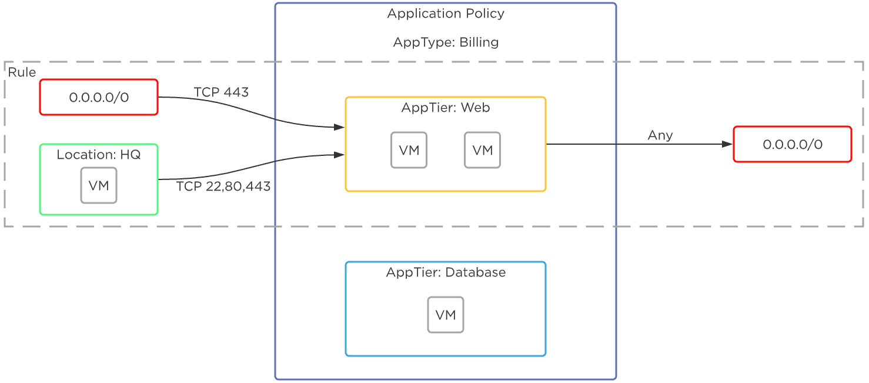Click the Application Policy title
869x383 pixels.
point(445,14)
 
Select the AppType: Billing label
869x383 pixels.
point(445,42)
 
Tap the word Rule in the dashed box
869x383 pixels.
point(22,72)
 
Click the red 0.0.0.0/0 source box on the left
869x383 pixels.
point(99,97)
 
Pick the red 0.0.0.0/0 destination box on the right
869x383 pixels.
point(792,144)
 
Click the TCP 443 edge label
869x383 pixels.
point(221,92)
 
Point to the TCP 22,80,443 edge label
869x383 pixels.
point(223,186)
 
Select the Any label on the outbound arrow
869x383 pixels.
point(660,135)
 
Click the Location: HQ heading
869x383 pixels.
point(99,155)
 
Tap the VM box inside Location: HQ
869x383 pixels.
point(99,185)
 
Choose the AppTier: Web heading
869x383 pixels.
point(445,108)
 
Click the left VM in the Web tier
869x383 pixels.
point(409,150)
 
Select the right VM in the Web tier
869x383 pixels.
point(482,150)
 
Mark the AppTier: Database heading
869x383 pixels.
point(445,272)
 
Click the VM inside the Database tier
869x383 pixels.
point(445,315)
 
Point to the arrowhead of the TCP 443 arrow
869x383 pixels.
point(339,127)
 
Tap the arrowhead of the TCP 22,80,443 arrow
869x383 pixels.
point(339,155)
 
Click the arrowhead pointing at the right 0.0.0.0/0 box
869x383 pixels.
point(727,144)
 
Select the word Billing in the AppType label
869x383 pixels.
point(479,42)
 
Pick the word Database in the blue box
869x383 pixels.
point(475,272)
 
